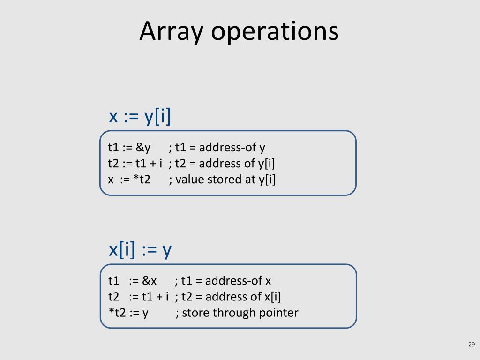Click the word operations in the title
pos(275,32)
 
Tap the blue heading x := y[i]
pos(140,116)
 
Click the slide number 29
pos(472,345)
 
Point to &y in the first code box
pos(143,148)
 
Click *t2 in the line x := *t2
pos(142,180)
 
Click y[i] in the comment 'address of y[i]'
pos(266,164)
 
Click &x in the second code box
pos(150,281)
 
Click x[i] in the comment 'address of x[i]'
pos(272,297)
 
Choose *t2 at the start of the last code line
pos(117,313)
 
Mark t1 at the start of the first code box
pos(113,148)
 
